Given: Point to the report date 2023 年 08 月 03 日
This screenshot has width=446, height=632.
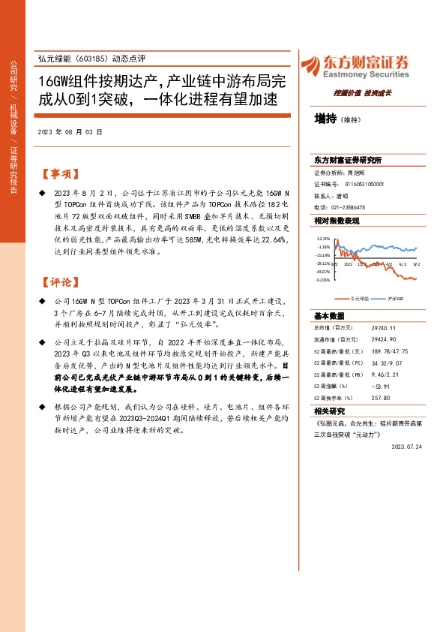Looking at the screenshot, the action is pyautogui.click(x=69, y=131).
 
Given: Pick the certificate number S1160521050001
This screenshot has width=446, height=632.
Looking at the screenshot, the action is pyautogui.click(x=365, y=183).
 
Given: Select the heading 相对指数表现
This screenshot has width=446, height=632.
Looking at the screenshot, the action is pyautogui.click(x=337, y=221).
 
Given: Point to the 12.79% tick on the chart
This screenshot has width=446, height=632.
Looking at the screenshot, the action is pyautogui.click(x=324, y=238).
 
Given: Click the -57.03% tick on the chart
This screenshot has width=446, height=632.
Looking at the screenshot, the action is pyautogui.click(x=323, y=280).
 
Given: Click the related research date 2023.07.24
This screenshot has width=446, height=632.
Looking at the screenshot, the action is pyautogui.click(x=407, y=446).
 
